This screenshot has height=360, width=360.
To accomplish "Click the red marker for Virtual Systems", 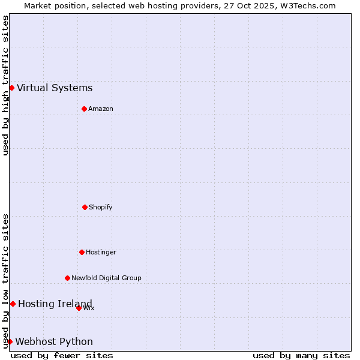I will pos(11,88).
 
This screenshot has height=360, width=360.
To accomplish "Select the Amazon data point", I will pos(84,109).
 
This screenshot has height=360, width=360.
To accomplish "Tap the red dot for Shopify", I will pos(85,207).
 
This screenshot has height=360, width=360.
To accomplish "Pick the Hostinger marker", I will pos(82,252).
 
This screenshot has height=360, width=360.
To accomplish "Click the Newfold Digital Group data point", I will pos(67,278).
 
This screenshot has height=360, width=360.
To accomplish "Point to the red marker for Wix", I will pos(79,308).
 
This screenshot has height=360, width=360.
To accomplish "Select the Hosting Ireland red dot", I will pos(13,304).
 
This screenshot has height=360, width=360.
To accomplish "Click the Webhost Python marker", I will pos(10,341).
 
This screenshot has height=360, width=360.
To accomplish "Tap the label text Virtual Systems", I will pos(55,88).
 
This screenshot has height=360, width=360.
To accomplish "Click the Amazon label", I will pos(101,109).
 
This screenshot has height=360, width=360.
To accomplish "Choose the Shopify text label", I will pos(101,208).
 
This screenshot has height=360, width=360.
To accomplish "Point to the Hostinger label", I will pos(101,253).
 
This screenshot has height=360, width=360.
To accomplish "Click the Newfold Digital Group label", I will pos(106,278).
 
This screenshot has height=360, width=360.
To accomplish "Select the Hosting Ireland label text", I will pos(55,304).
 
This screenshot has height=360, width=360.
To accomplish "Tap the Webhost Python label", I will pos(54,342).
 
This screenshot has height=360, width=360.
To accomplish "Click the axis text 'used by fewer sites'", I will pos(62,355).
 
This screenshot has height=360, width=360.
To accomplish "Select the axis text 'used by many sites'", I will pos(301,355).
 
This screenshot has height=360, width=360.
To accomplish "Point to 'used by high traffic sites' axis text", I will pos(5,85).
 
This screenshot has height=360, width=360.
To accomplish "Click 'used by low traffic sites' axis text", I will pos(5,281).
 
